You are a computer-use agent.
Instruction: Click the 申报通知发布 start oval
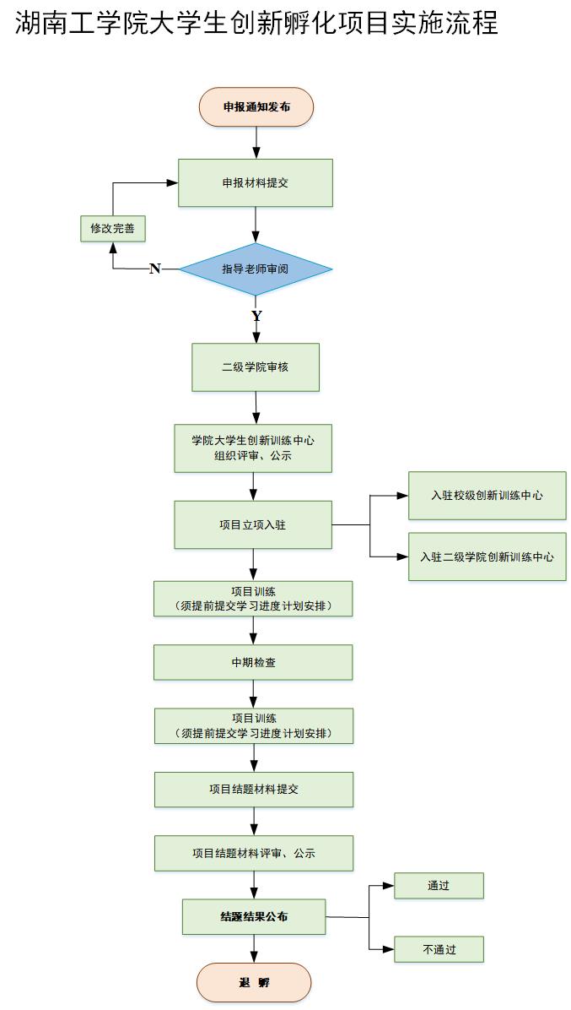click(256, 107)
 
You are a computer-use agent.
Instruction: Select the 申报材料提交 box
click(255, 182)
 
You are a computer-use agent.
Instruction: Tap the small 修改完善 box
click(113, 228)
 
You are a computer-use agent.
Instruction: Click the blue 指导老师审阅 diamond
click(255, 269)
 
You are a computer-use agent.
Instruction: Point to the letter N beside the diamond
click(154, 269)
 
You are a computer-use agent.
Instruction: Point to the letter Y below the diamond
click(256, 316)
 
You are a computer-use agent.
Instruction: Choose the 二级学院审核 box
click(255, 367)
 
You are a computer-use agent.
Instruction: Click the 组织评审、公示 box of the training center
click(253, 448)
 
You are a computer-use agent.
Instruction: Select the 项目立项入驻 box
click(252, 524)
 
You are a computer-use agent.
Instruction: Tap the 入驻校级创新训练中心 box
click(487, 496)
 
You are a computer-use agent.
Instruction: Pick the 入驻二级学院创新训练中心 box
click(487, 557)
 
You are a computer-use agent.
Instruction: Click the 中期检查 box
click(253, 663)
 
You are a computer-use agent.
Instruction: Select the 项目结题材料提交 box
click(253, 790)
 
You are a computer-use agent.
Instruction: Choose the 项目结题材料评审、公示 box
click(253, 854)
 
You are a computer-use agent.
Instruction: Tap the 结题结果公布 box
click(253, 917)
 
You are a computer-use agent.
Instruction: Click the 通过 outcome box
click(439, 886)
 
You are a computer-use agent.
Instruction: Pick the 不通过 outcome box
click(439, 949)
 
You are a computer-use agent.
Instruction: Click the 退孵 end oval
click(254, 983)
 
